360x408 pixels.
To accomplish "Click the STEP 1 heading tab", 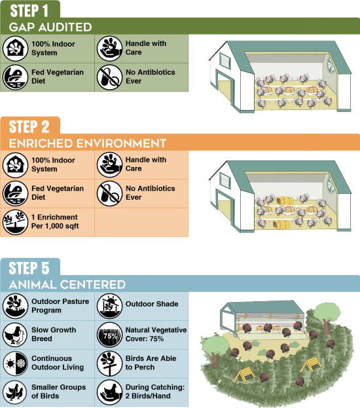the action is [x=29, y=11].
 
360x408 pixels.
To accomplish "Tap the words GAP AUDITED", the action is [x=50, y=27].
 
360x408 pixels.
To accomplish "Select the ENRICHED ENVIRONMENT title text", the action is [x=88, y=143].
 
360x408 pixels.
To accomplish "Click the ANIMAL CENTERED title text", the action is [x=67, y=285].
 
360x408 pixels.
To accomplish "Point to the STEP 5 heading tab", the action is [x=29, y=269].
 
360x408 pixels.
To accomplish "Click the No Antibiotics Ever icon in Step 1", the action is [x=109, y=77].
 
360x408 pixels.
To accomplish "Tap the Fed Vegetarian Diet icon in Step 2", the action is [x=15, y=193].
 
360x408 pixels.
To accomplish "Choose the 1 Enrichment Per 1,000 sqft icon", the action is [x=15, y=222].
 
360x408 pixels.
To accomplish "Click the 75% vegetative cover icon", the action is [x=109, y=335].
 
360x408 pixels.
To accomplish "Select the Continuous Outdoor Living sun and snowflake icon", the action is [x=15, y=363].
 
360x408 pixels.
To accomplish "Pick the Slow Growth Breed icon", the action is [x=15, y=335].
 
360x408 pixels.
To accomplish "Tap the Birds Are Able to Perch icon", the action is [x=109, y=363].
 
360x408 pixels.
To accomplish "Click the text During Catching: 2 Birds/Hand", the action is [x=155, y=392].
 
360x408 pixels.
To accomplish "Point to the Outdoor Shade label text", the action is [x=152, y=304].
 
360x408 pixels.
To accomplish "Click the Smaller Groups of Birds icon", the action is [x=15, y=392].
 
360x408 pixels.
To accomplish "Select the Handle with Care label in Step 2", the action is [x=146, y=164].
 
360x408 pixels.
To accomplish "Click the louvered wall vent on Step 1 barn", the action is [x=225, y=62].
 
